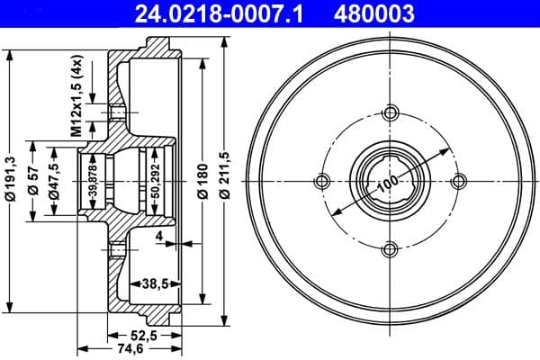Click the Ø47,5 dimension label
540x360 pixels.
(56, 181)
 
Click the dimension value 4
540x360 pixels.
(157, 238)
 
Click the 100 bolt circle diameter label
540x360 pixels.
(388, 183)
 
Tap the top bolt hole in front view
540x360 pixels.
(390, 112)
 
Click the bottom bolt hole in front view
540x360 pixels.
(390, 249)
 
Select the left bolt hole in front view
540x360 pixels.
(321, 181)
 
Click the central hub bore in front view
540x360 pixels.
(390, 181)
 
